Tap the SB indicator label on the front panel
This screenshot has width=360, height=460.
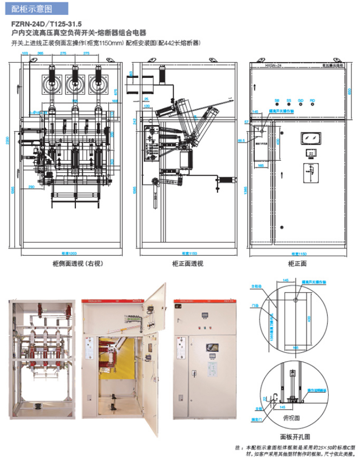(276, 101)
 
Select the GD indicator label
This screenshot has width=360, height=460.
(300, 101)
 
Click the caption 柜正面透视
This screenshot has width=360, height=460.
(187, 263)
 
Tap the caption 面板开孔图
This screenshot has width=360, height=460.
(295, 436)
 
